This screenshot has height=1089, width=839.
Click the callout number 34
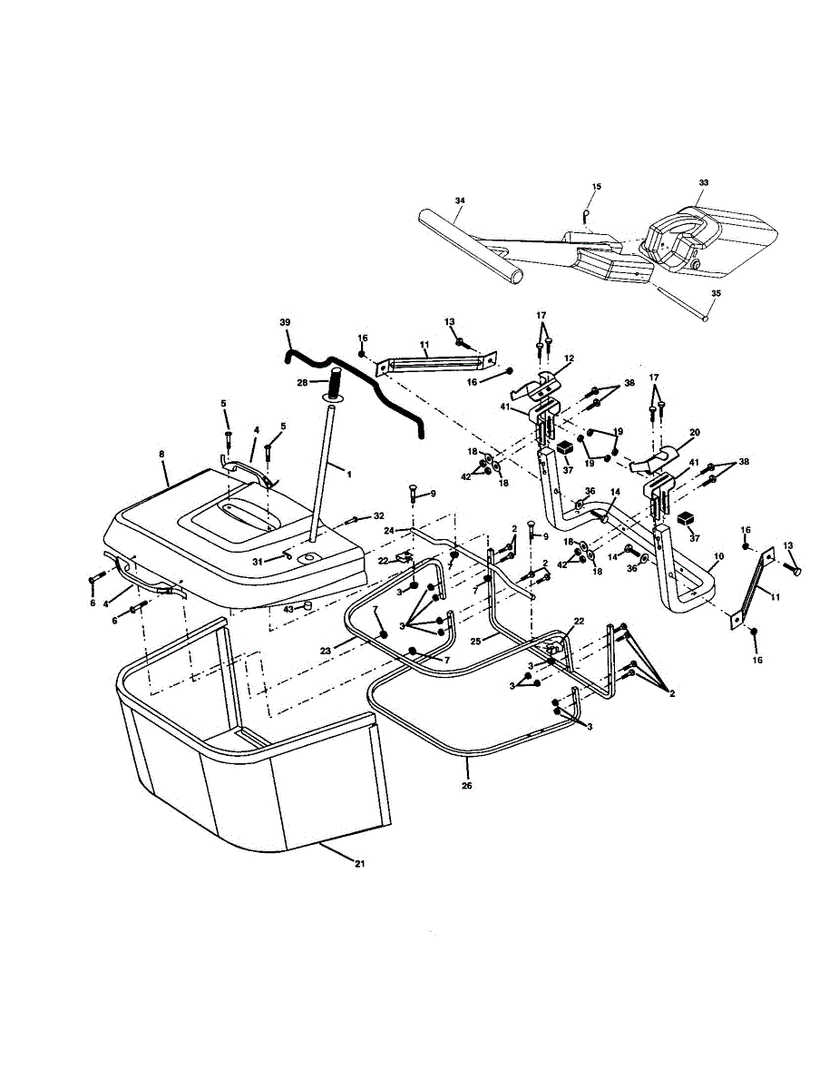[x=460, y=200]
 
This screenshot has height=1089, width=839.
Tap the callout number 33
[x=703, y=182]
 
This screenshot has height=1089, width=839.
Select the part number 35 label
[x=716, y=293]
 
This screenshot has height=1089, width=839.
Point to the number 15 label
[x=596, y=186]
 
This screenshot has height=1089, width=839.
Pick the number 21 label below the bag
[x=359, y=863]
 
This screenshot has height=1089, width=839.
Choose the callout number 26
[x=467, y=785]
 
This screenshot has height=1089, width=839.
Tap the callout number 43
[x=288, y=608]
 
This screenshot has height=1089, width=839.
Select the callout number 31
[x=258, y=562]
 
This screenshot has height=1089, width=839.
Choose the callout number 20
[x=696, y=433]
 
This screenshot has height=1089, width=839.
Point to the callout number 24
[x=387, y=530]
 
